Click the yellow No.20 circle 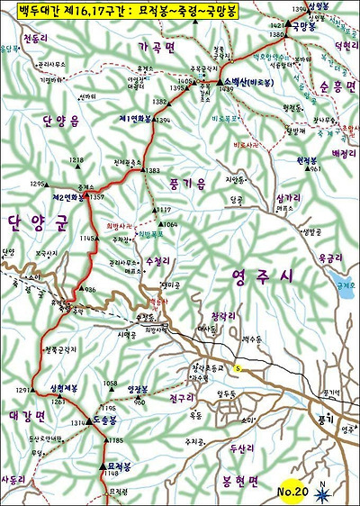[292, 492]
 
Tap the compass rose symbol [322, 491]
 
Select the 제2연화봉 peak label [67, 196]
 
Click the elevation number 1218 [76, 159]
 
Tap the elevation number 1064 [171, 223]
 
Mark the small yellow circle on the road [238, 367]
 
